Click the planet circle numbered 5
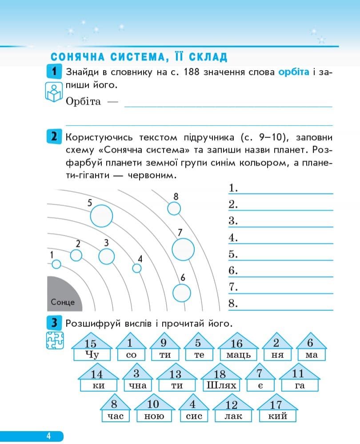(x=101, y=216)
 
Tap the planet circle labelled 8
(x=174, y=208)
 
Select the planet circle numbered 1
(x=56, y=264)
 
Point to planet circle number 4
(x=137, y=268)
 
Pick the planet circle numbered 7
(x=183, y=249)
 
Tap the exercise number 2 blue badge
(x=53, y=136)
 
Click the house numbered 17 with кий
(x=278, y=411)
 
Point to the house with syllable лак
(x=231, y=411)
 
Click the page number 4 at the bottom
(x=48, y=436)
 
